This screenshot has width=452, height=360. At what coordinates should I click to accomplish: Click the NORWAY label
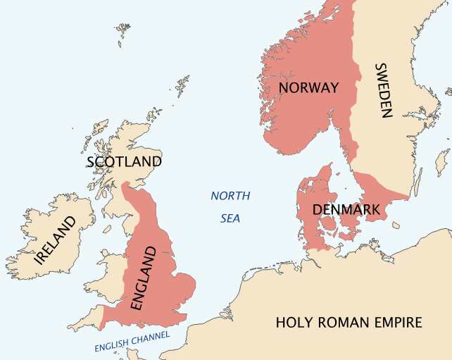tap(308, 88)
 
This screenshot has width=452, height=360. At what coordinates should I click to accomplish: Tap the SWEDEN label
tap(382, 90)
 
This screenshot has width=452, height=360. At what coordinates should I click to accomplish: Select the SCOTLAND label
tap(124, 162)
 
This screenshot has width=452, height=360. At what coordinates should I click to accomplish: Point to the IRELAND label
tap(55, 240)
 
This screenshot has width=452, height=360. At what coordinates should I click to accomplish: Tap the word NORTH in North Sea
tap(230, 196)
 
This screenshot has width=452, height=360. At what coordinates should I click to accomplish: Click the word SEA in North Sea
tap(230, 218)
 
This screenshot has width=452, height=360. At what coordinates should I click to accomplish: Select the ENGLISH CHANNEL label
tap(132, 342)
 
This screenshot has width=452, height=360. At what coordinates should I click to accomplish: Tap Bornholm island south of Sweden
tap(396, 225)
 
